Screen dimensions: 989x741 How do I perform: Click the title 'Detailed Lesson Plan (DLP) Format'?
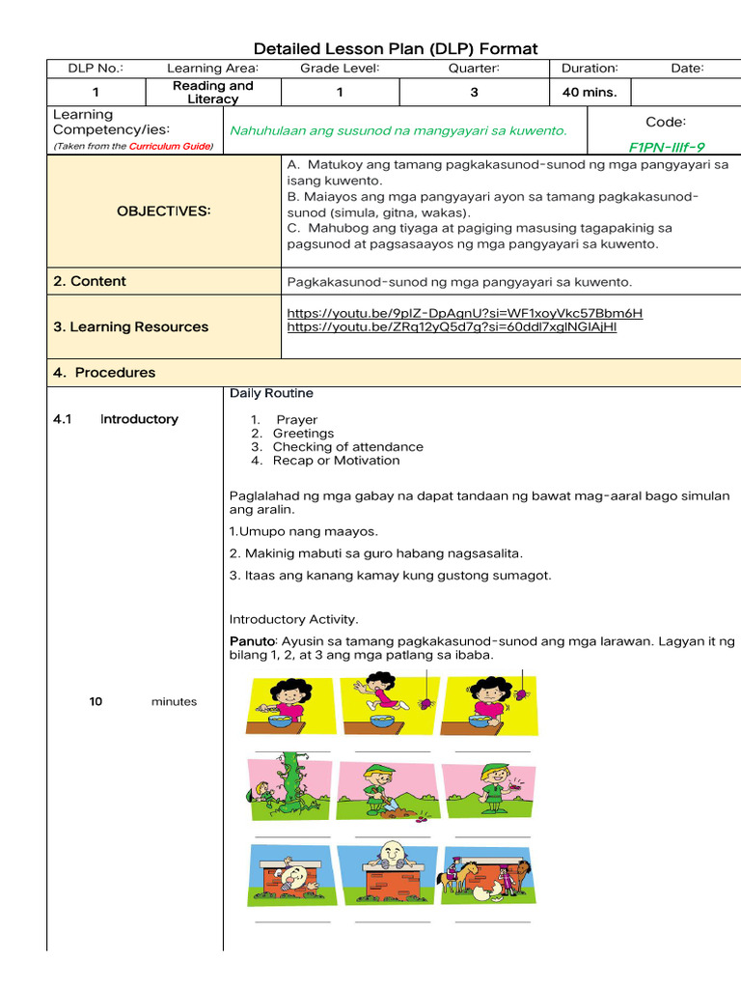point(395,48)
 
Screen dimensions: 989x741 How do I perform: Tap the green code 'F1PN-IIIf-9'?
point(667,147)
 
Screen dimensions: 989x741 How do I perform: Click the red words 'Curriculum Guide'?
point(170,147)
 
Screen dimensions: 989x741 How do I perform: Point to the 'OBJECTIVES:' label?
point(163,211)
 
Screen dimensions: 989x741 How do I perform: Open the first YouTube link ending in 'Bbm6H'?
point(465,313)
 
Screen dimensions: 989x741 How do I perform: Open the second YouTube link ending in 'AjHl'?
point(452,326)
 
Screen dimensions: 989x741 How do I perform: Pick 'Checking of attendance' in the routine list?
point(347,447)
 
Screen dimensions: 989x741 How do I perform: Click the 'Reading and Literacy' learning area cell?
point(212,93)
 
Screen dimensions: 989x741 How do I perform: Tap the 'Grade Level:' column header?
point(340,68)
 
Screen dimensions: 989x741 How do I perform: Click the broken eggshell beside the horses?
point(497,891)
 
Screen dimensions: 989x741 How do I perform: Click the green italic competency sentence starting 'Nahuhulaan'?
point(398,130)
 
